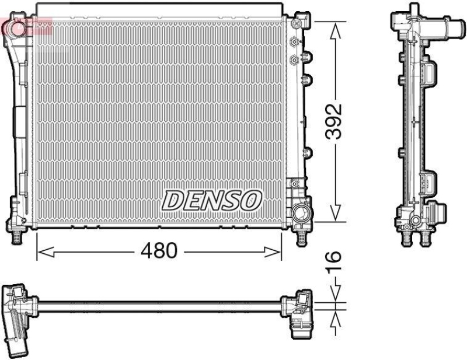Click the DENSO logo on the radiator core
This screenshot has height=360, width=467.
click(211, 200)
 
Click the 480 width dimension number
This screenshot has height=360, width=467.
click(158, 251)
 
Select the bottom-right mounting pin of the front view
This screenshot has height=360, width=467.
click(301, 236)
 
